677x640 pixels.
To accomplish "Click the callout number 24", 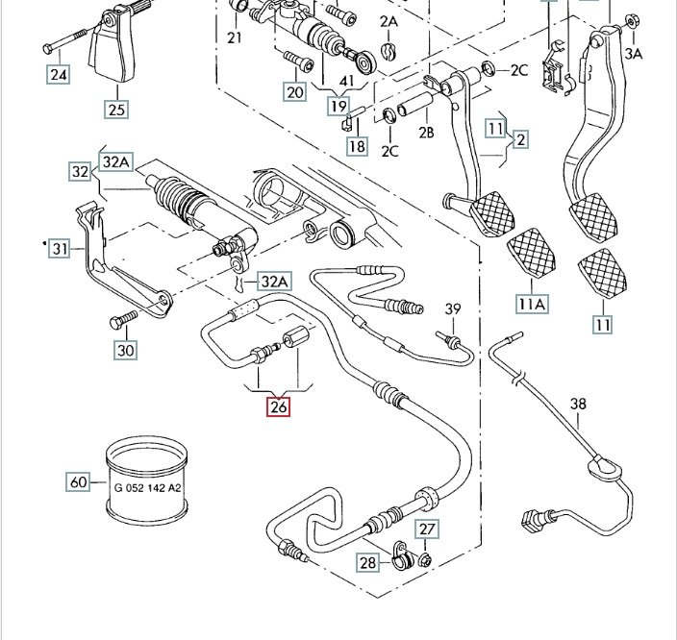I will [58, 73].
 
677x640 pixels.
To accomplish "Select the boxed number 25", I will [116, 109].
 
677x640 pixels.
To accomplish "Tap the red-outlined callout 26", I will [278, 406].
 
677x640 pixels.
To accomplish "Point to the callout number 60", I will [78, 480].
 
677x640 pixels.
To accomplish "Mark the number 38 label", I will [577, 405].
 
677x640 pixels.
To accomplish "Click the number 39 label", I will [453, 308].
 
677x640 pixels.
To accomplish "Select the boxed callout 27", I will [427, 528].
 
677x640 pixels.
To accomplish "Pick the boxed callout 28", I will [369, 563].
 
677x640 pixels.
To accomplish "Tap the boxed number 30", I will [126, 350].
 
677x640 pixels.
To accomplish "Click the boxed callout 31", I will [61, 249].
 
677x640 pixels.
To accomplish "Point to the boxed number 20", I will [294, 91].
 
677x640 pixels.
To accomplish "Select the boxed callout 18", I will [357, 146].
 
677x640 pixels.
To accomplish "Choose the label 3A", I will [633, 54].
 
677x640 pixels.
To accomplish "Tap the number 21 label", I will [236, 37].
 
